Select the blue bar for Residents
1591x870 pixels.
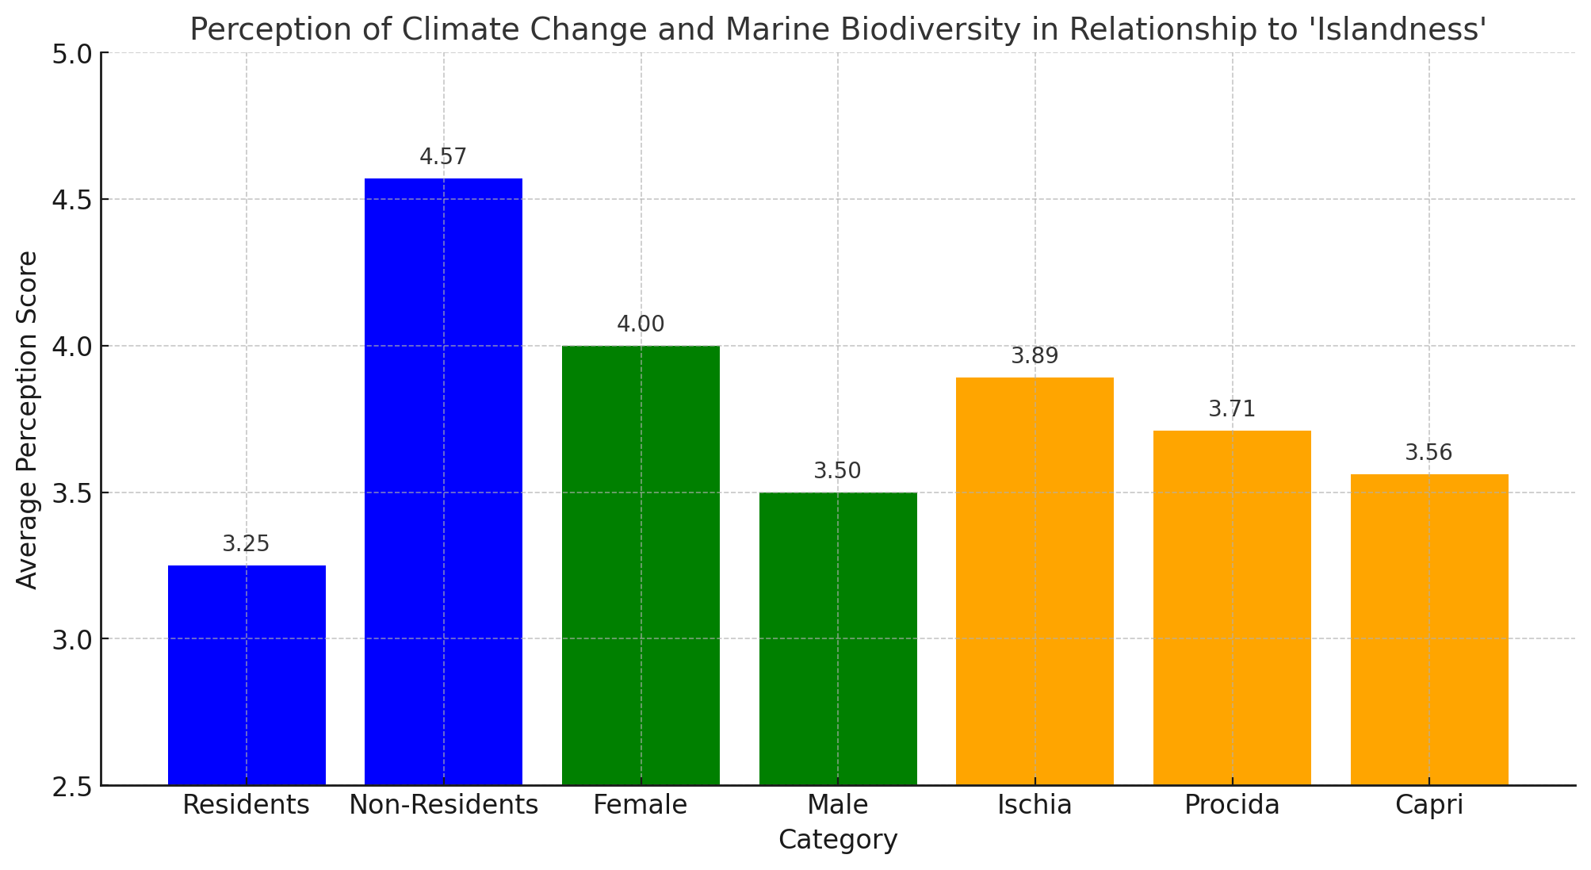[247, 675]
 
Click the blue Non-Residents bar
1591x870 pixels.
[443, 481]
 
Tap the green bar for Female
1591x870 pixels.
[641, 565]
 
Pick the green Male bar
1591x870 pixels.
[838, 638]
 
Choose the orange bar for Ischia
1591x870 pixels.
[1035, 581]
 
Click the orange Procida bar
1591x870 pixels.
[1232, 607]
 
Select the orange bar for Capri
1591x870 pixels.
[1429, 630]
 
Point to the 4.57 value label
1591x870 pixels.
[443, 157]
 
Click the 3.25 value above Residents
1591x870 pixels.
[247, 544]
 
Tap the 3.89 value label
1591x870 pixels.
[1035, 356]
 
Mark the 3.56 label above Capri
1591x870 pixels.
[1429, 453]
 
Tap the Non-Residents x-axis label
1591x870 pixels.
[444, 805]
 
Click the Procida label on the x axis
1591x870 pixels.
[1232, 806]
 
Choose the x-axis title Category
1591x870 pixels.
[838, 840]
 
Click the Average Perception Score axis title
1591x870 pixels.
[27, 420]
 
